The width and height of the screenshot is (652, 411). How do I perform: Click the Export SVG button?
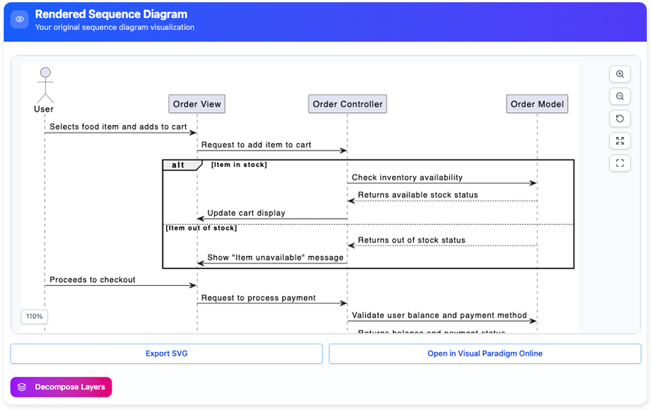166,353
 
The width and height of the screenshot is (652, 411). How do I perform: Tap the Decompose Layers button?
61,387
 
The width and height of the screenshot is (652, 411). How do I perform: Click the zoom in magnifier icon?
620,74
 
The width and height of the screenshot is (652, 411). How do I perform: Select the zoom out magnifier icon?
620,97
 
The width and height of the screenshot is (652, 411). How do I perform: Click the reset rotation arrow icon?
620,118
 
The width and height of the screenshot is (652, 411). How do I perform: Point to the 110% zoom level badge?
34,317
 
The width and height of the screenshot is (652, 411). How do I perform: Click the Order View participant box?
197,104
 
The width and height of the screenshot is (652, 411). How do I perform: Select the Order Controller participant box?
347,104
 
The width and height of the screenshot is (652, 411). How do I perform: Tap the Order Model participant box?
537,104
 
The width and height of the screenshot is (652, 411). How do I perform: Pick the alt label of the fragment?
178,165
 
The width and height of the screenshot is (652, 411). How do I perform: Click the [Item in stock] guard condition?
239,165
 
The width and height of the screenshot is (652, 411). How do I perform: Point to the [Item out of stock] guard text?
201,228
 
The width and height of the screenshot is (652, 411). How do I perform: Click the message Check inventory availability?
407,177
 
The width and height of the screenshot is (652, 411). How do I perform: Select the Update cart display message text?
246,213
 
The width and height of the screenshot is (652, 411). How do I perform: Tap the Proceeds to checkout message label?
93,280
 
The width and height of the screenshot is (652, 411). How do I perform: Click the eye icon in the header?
19,19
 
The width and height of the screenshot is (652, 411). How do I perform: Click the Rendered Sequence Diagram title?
111,14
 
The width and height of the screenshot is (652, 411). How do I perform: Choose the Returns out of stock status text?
412,240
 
